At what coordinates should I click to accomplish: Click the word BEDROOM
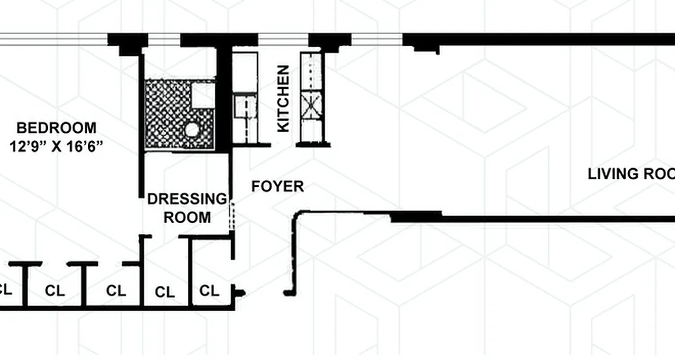coord(56,128)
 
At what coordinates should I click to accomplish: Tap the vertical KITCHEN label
coord(283,99)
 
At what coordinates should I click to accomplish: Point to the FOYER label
coord(277,186)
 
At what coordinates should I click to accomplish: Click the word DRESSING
coord(187,199)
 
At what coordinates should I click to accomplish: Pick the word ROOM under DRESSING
coord(187,217)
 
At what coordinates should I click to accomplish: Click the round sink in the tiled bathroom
coord(192,130)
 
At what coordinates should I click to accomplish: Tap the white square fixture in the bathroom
coord(203,95)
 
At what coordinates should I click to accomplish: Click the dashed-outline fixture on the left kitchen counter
coord(245,108)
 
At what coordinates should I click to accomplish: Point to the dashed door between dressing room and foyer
coord(232,215)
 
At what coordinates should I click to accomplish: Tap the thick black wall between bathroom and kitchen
coord(223,99)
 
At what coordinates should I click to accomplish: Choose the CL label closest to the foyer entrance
coord(209,291)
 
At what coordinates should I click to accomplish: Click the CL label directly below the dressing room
coord(165,292)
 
